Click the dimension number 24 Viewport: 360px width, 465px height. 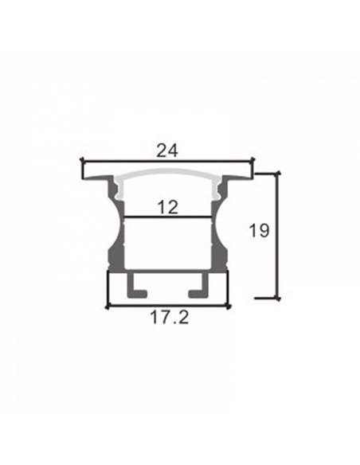(167, 150)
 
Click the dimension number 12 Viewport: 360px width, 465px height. (167, 207)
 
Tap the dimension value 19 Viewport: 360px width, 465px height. (258, 231)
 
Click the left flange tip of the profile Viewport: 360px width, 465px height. (85, 170)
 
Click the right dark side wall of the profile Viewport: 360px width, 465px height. (221, 239)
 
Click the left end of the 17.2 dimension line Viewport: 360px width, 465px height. (107, 305)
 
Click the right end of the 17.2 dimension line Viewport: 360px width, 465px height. (229, 305)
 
